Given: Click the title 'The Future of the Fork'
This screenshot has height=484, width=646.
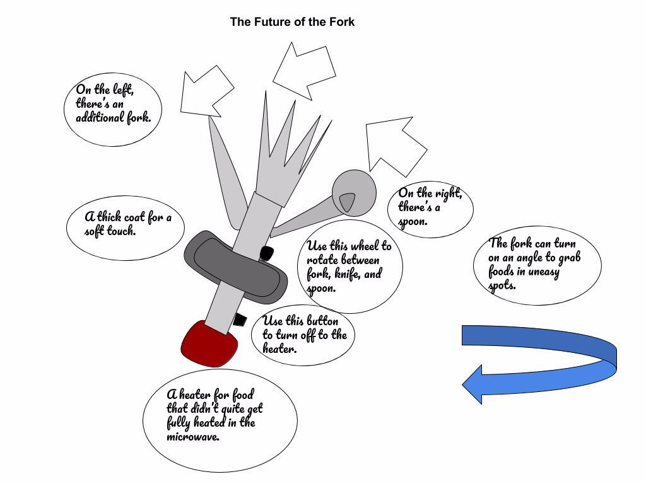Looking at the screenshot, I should (x=292, y=22).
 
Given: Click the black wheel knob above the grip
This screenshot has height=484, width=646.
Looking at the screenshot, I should (x=266, y=254).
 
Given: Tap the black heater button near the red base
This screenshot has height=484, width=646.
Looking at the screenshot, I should (x=239, y=320).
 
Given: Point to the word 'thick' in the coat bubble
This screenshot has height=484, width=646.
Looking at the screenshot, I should (x=109, y=217).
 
